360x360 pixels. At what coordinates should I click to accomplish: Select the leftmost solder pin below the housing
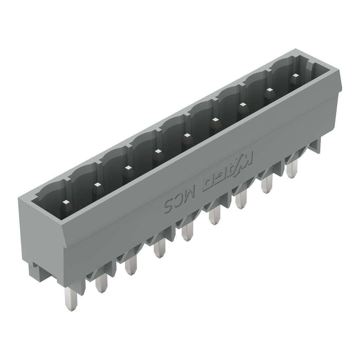[71, 299]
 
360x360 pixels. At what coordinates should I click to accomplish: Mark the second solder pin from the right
[267, 184]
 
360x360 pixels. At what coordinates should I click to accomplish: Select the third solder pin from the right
[241, 200]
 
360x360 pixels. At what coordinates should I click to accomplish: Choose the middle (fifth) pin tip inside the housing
[186, 136]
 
